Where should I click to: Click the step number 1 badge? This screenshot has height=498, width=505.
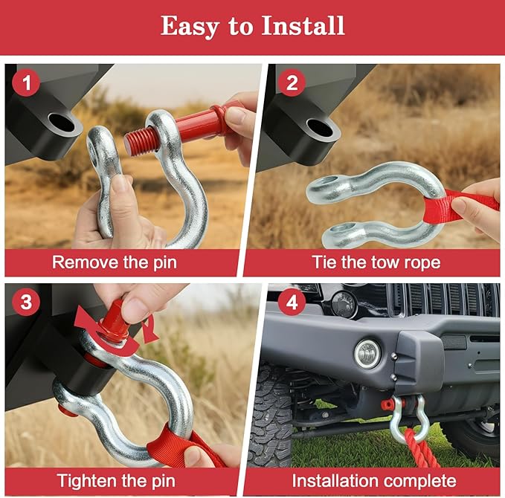28,83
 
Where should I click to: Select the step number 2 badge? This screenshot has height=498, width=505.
292,83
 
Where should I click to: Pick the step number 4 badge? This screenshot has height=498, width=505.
292,303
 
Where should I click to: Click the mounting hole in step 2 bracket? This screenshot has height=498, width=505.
321,127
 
